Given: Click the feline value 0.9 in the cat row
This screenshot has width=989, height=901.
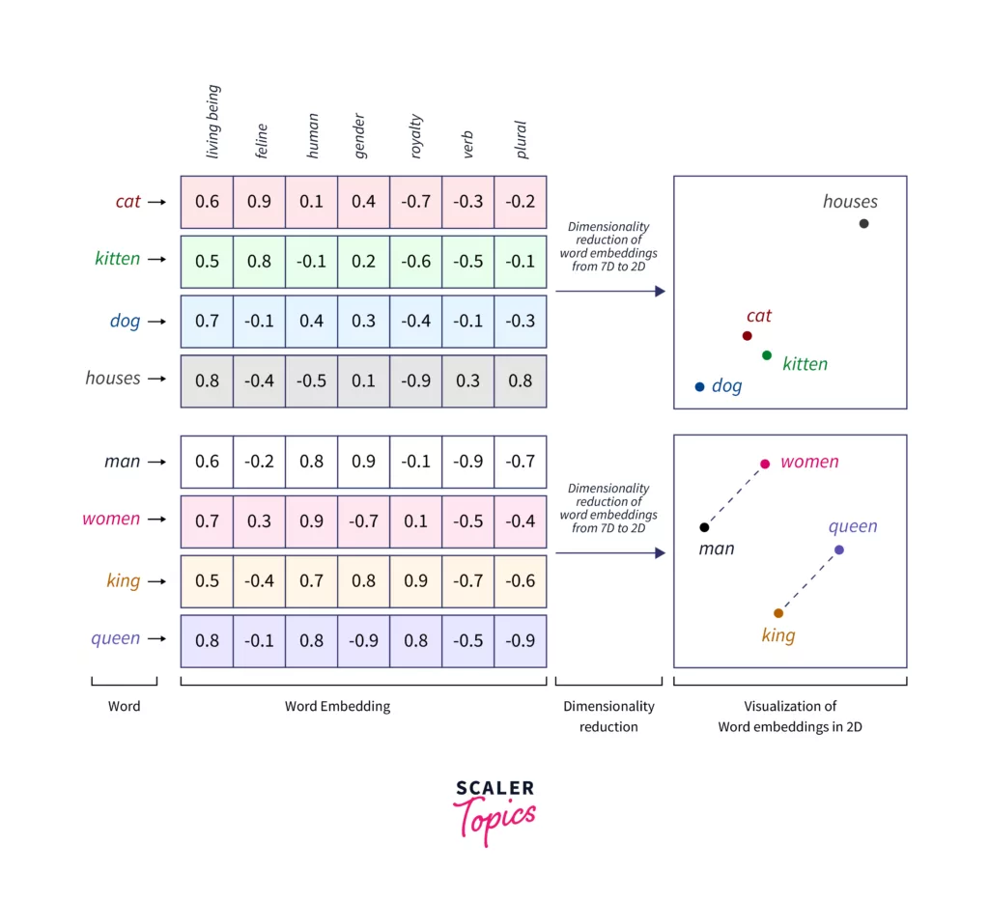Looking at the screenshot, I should click(260, 202).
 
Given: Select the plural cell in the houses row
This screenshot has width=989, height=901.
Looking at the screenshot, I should click(520, 380).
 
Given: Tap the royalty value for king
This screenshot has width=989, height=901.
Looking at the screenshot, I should click(415, 581).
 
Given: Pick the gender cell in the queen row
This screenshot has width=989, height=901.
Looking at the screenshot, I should click(363, 640).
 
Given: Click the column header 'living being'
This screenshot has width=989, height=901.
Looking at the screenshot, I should click(213, 122).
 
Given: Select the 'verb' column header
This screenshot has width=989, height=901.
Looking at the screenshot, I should click(468, 144).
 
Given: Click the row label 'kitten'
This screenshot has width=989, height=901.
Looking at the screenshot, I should click(118, 259).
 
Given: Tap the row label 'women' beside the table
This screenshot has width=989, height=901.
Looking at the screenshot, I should click(111, 519).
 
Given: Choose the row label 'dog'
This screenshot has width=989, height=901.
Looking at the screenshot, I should click(125, 321).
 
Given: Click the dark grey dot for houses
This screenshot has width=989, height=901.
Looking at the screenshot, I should click(863, 224).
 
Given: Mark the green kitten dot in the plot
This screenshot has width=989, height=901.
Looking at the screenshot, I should click(767, 355).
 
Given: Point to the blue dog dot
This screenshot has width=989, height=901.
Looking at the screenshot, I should click(699, 387).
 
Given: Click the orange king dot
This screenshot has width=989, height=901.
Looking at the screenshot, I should click(778, 613).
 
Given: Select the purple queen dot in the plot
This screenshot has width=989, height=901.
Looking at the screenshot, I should click(838, 550).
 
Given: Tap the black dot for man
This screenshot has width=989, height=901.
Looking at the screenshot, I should click(704, 527).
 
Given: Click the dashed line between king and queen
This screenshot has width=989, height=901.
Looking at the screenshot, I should click(808, 581).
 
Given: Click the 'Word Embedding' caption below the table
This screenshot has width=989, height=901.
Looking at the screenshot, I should click(337, 706).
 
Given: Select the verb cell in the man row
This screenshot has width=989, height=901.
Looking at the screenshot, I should click(468, 462).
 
